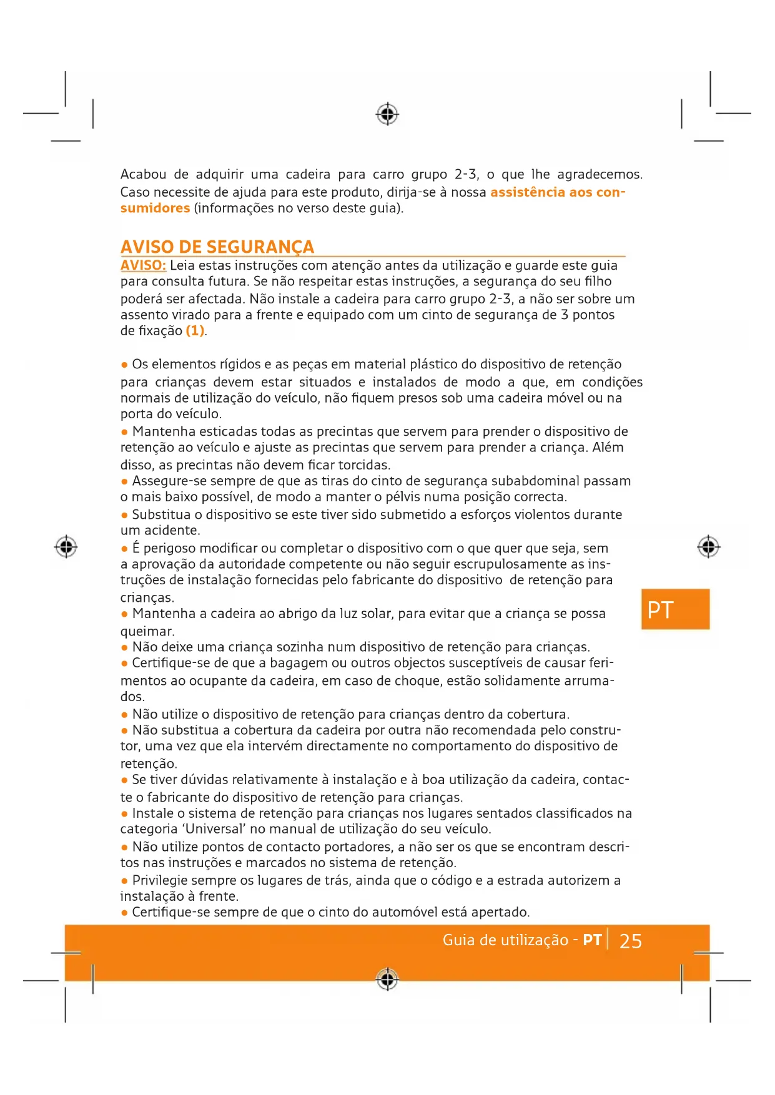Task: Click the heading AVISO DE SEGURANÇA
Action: click(217, 247)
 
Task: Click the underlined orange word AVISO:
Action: click(143, 265)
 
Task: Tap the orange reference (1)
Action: click(195, 331)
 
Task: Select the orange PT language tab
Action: click(675, 609)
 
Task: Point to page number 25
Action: click(630, 941)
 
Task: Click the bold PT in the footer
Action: click(591, 940)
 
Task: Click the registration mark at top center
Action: click(387, 114)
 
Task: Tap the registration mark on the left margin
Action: click(66, 546)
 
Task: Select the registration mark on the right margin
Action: click(708, 547)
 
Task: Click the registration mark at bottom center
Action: click(387, 979)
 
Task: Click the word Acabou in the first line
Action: click(143, 174)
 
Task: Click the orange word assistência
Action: click(536, 192)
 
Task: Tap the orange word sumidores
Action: click(155, 208)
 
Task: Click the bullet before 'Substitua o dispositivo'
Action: click(124, 515)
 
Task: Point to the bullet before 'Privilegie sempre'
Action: click(124, 881)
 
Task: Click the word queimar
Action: click(147, 631)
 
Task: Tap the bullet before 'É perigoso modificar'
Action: click(124, 549)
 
